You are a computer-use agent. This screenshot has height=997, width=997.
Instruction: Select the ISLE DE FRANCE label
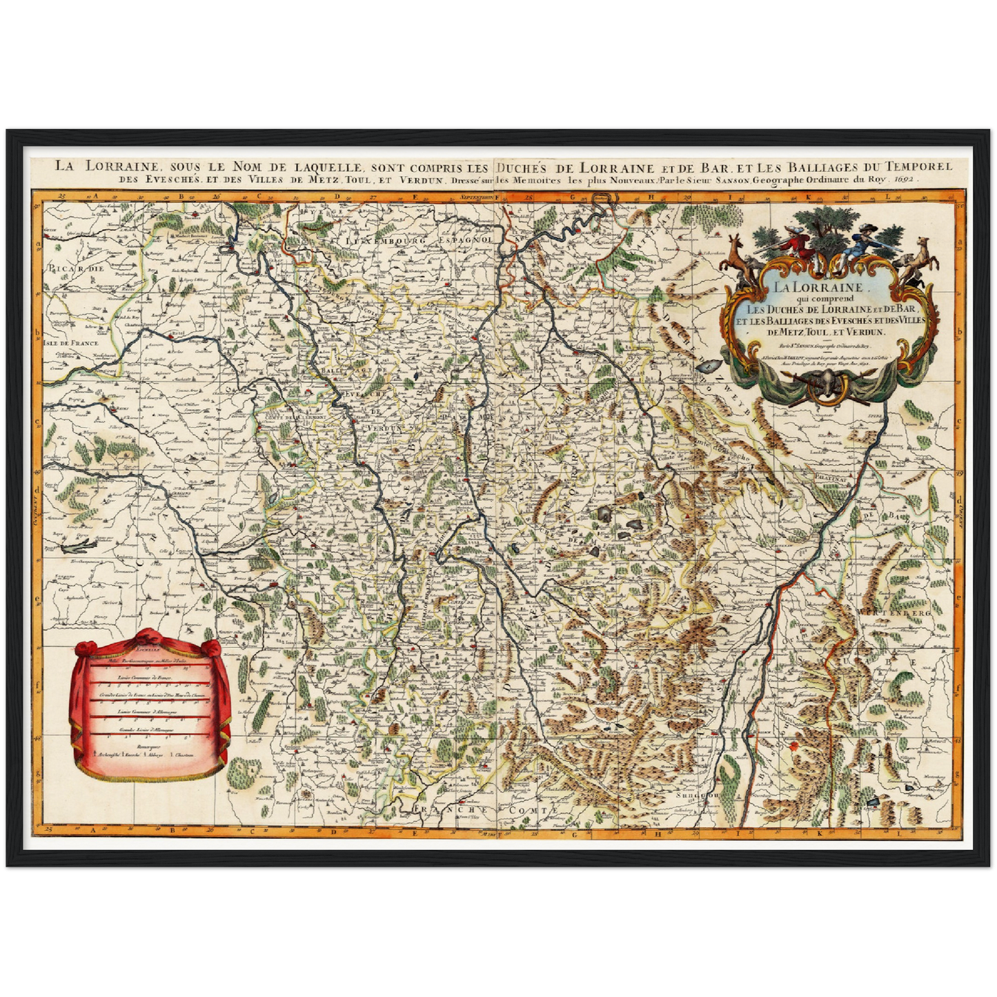click(x=70, y=343)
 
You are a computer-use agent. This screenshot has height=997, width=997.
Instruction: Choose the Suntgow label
click(x=692, y=796)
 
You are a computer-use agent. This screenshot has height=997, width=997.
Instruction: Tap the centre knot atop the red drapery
click(x=148, y=635)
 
